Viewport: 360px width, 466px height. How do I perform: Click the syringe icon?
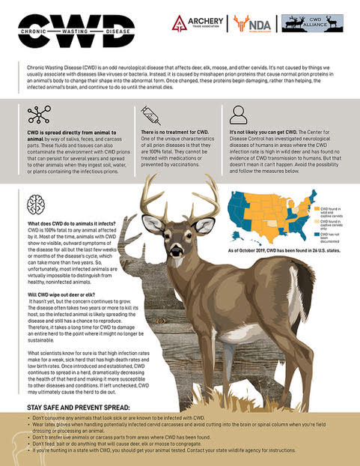point(150,115)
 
